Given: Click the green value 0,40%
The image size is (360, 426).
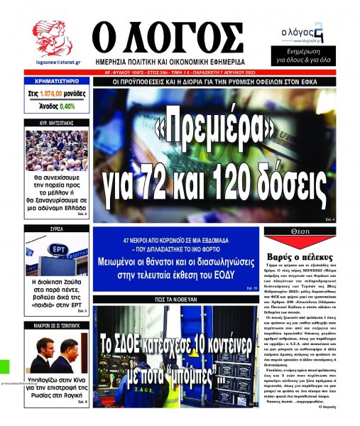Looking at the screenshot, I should click(x=67, y=106).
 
